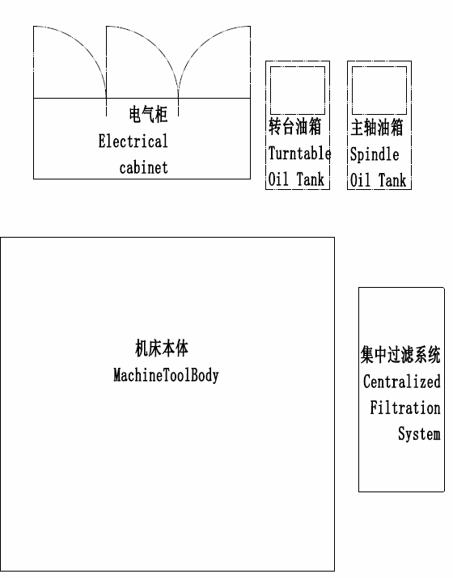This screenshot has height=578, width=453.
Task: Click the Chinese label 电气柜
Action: click(x=148, y=114)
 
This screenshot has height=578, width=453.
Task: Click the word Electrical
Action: click(x=133, y=141)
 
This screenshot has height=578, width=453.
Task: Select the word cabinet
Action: click(x=143, y=167)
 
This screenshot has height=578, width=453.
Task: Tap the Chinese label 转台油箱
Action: click(x=294, y=126)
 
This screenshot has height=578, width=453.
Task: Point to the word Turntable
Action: click(x=299, y=154)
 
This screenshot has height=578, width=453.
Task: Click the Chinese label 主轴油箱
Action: click(x=377, y=128)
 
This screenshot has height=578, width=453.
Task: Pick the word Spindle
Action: click(x=375, y=154)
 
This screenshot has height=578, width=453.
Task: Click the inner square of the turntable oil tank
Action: click(x=298, y=91)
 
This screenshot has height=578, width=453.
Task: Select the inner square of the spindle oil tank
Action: click(x=379, y=91)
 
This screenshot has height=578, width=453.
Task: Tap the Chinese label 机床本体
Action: click(x=162, y=348)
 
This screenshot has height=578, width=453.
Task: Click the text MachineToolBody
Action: click(x=166, y=375)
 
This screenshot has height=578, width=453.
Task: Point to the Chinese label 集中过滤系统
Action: click(x=400, y=355)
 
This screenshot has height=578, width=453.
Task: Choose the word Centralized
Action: click(x=402, y=382)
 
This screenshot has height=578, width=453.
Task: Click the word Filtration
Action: click(x=405, y=407)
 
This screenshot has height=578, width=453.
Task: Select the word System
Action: click(x=419, y=434)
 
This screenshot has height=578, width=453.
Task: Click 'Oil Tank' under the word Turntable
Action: click(x=296, y=179)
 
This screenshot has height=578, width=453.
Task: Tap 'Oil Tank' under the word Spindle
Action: click(x=378, y=180)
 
